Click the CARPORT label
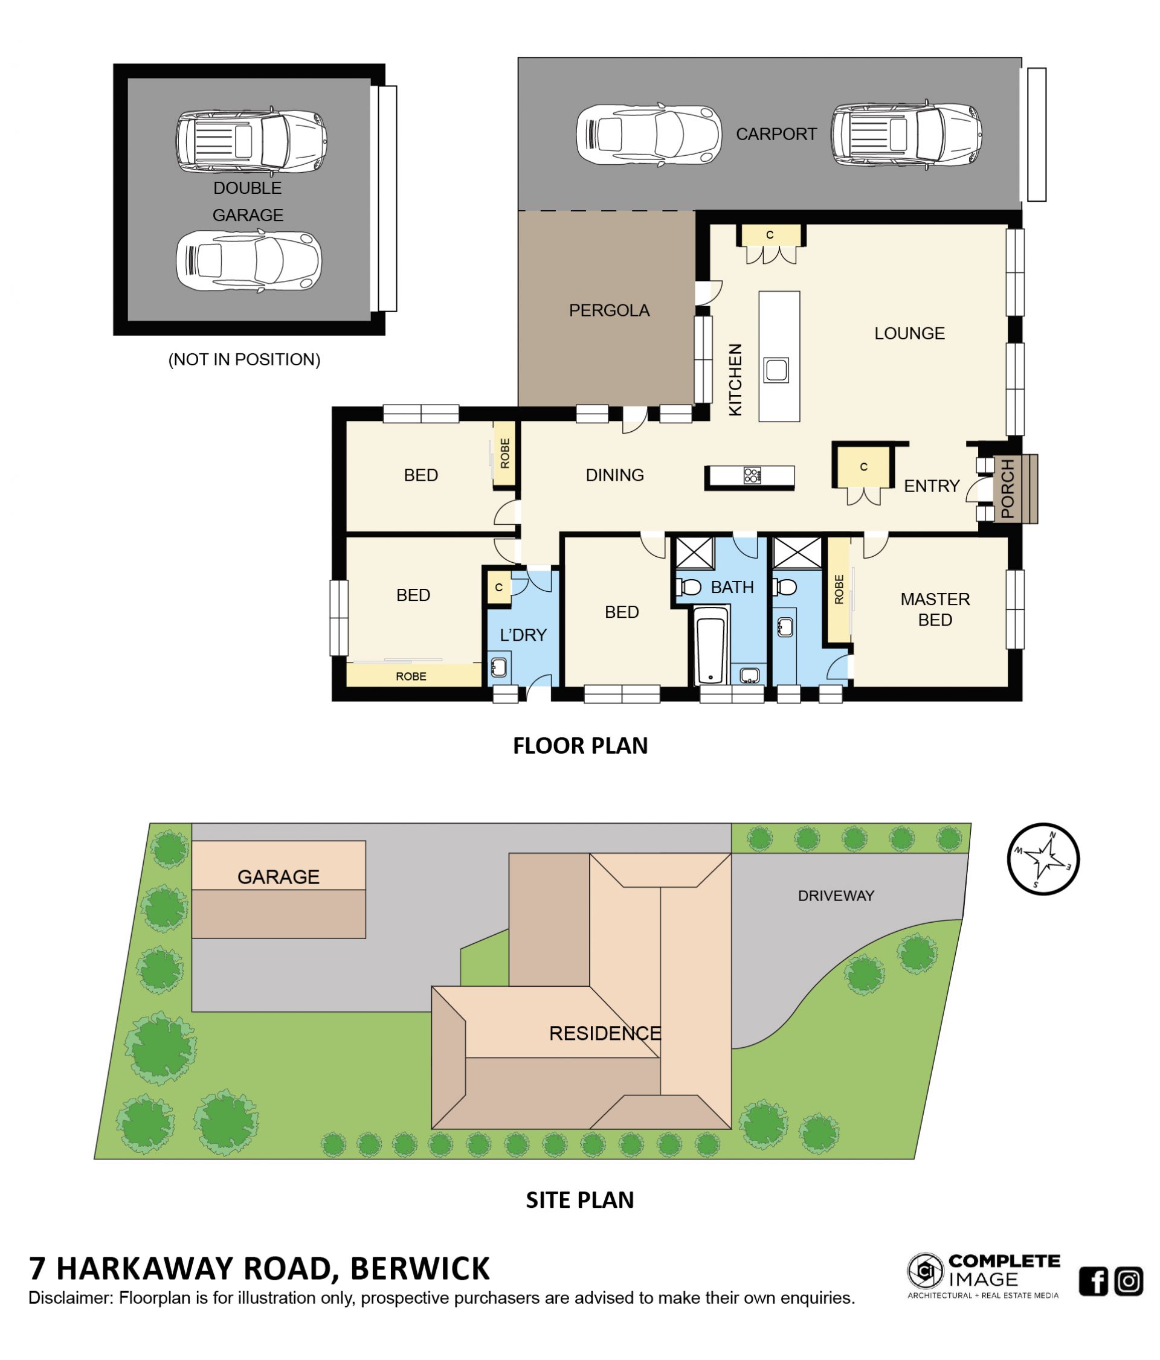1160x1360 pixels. pos(776,134)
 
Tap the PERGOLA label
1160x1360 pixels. pos(608,310)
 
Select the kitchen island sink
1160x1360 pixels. pos(775,370)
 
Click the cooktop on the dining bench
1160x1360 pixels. pos(752,475)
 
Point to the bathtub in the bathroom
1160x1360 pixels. pos(710,646)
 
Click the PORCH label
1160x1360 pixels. pos(1007,489)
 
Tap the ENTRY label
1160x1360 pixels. pos(932,486)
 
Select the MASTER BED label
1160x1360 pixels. pos(935,609)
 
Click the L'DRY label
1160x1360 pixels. pos(523,635)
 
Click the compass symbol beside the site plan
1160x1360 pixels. pos(1043,859)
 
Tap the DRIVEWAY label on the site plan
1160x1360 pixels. pos(836,896)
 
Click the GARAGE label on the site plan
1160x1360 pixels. pos(279,877)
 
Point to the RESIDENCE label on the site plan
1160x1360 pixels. pos(605,1034)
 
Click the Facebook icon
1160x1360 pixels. pos(1093,1281)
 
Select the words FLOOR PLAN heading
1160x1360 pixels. pos(581,746)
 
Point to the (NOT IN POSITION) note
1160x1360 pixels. pos(244,360)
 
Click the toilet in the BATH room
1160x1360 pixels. pos(688,586)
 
